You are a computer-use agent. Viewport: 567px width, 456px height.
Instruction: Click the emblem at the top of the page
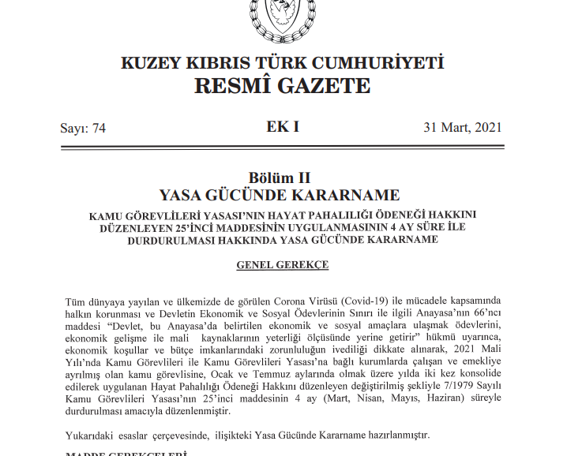(x=282, y=17)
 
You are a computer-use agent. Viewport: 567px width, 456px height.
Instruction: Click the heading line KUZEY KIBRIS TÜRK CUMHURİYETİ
(x=282, y=64)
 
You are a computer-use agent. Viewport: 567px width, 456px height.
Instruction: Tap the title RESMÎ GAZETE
(x=282, y=86)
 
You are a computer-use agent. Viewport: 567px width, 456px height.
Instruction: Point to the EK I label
(x=283, y=127)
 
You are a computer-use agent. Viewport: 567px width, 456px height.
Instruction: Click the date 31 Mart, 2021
(x=462, y=129)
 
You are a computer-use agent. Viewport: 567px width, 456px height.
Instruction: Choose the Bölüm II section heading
(x=282, y=178)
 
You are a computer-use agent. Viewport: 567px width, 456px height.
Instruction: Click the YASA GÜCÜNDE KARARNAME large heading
(x=282, y=196)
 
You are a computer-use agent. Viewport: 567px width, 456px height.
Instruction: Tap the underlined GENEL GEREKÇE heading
(x=282, y=265)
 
